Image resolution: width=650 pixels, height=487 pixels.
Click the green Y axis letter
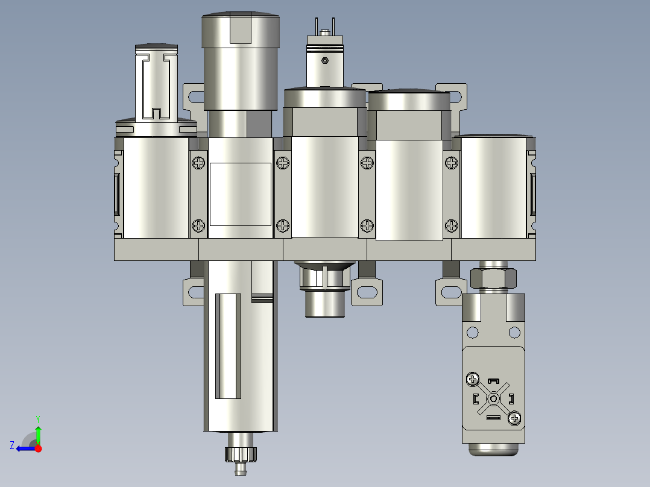coord(37,418)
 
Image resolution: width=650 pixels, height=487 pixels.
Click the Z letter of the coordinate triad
coord(12,445)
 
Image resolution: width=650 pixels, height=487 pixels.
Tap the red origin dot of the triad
coord(39,448)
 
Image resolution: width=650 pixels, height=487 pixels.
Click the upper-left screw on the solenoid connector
coord(472,379)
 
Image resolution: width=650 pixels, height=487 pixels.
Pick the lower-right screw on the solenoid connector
coord(514,418)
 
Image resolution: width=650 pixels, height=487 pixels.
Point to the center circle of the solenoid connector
coord(493,398)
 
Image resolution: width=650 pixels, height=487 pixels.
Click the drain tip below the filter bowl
coord(241,468)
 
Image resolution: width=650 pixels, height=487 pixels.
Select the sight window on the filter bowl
coord(228,346)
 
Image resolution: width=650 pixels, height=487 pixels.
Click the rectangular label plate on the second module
coord(239,194)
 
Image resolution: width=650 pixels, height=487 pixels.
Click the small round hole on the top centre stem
coord(325,60)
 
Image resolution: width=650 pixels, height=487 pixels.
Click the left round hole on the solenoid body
coord(473,331)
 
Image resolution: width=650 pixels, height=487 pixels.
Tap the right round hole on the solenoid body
coord(514,331)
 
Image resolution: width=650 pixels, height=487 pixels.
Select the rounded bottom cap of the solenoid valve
coord(493,450)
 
